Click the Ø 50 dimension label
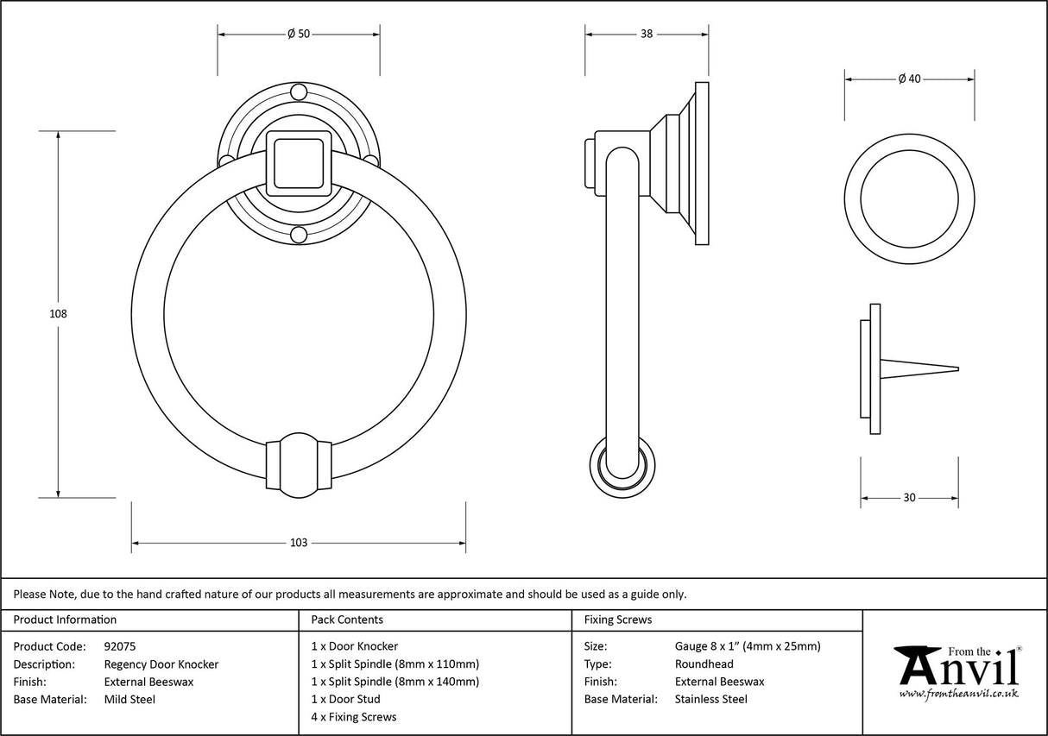(298, 34)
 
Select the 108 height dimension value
(58, 314)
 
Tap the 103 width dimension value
(298, 543)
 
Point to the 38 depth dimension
(647, 34)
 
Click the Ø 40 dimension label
(909, 79)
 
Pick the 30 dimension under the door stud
(909, 498)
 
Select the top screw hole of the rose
(298, 91)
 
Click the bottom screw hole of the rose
(298, 234)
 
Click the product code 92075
(119, 645)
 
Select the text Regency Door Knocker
(161, 664)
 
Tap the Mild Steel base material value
(129, 700)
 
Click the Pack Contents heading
(347, 620)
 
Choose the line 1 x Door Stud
(345, 699)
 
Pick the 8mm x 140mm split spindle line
(395, 682)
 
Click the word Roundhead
(704, 664)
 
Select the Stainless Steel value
(710, 700)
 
